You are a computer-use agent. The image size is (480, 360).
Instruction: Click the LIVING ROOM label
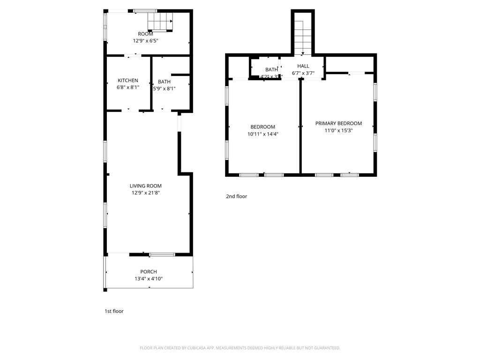tap(146, 186)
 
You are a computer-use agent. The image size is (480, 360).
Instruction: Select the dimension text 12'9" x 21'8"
tap(146, 193)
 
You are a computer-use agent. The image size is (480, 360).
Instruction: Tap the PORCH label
tap(149, 272)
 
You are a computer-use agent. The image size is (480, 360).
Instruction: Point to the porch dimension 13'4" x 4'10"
tap(149, 278)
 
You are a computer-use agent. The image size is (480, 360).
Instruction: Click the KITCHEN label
tap(127, 81)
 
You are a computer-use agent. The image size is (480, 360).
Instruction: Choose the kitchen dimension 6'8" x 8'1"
tap(127, 87)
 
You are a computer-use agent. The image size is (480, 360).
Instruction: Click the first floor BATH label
tap(164, 82)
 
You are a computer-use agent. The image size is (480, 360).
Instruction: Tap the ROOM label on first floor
tap(145, 34)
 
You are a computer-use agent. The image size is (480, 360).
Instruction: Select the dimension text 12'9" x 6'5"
tap(145, 41)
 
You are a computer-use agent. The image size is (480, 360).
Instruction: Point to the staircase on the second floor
tap(303, 35)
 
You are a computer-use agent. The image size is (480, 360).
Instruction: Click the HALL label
tap(303, 66)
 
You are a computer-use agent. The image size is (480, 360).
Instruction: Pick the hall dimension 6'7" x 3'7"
tap(303, 73)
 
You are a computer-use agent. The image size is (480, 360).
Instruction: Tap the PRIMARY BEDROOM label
tap(338, 124)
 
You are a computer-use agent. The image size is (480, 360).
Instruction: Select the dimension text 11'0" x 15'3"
tap(338, 131)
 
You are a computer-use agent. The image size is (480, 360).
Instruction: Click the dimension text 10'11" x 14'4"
tap(262, 134)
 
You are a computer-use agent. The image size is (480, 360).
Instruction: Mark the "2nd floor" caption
tap(236, 196)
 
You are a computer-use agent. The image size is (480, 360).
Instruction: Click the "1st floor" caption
tap(114, 311)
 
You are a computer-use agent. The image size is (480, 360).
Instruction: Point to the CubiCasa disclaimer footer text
tap(240, 348)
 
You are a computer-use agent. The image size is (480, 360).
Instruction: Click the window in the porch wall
tap(162, 255)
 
